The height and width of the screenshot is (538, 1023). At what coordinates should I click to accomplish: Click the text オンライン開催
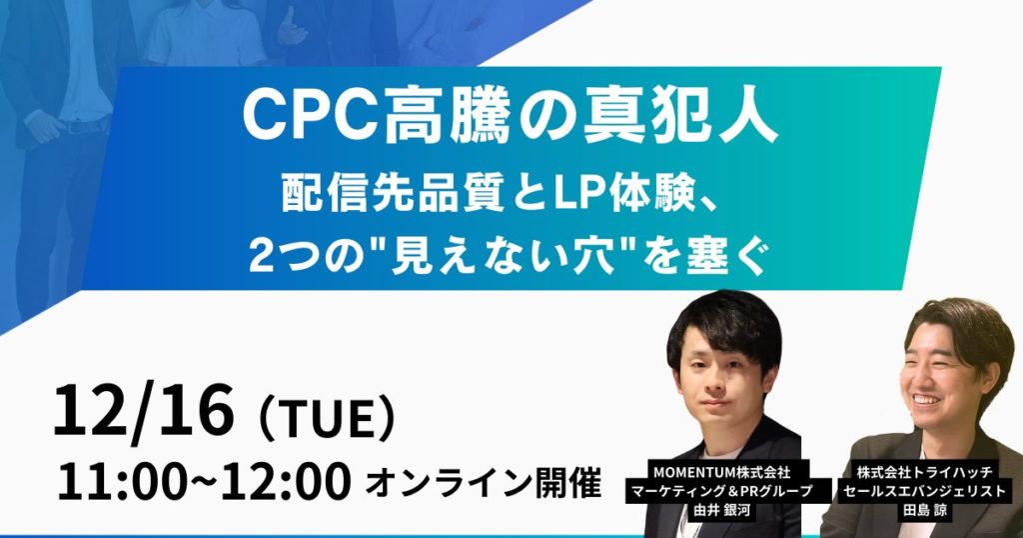click(484, 485)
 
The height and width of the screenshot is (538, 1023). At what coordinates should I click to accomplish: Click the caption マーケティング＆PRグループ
click(728, 489)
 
